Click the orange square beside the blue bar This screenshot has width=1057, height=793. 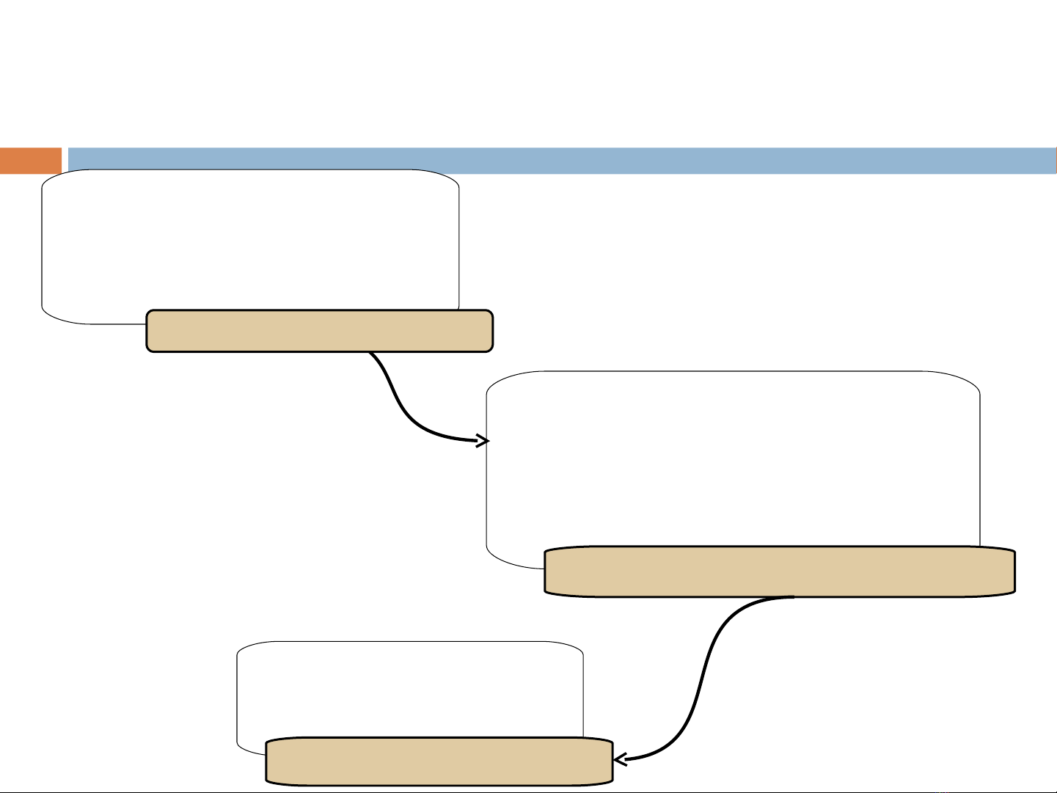pyautogui.click(x=30, y=161)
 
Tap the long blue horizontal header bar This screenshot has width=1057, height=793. pyautogui.click(x=561, y=161)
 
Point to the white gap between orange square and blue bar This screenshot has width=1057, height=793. pyautogui.click(x=65, y=161)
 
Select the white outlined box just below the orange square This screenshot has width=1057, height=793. pyautogui.click(x=249, y=242)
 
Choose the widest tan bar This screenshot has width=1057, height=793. pyautogui.click(x=780, y=571)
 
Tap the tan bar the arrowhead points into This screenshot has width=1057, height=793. pyautogui.click(x=439, y=761)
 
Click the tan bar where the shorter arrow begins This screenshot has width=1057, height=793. pyautogui.click(x=319, y=331)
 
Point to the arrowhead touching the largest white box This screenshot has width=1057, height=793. pyautogui.click(x=484, y=441)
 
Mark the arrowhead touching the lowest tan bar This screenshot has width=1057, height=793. pyautogui.click(x=620, y=760)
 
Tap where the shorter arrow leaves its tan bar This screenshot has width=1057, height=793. pyautogui.click(x=370, y=353)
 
